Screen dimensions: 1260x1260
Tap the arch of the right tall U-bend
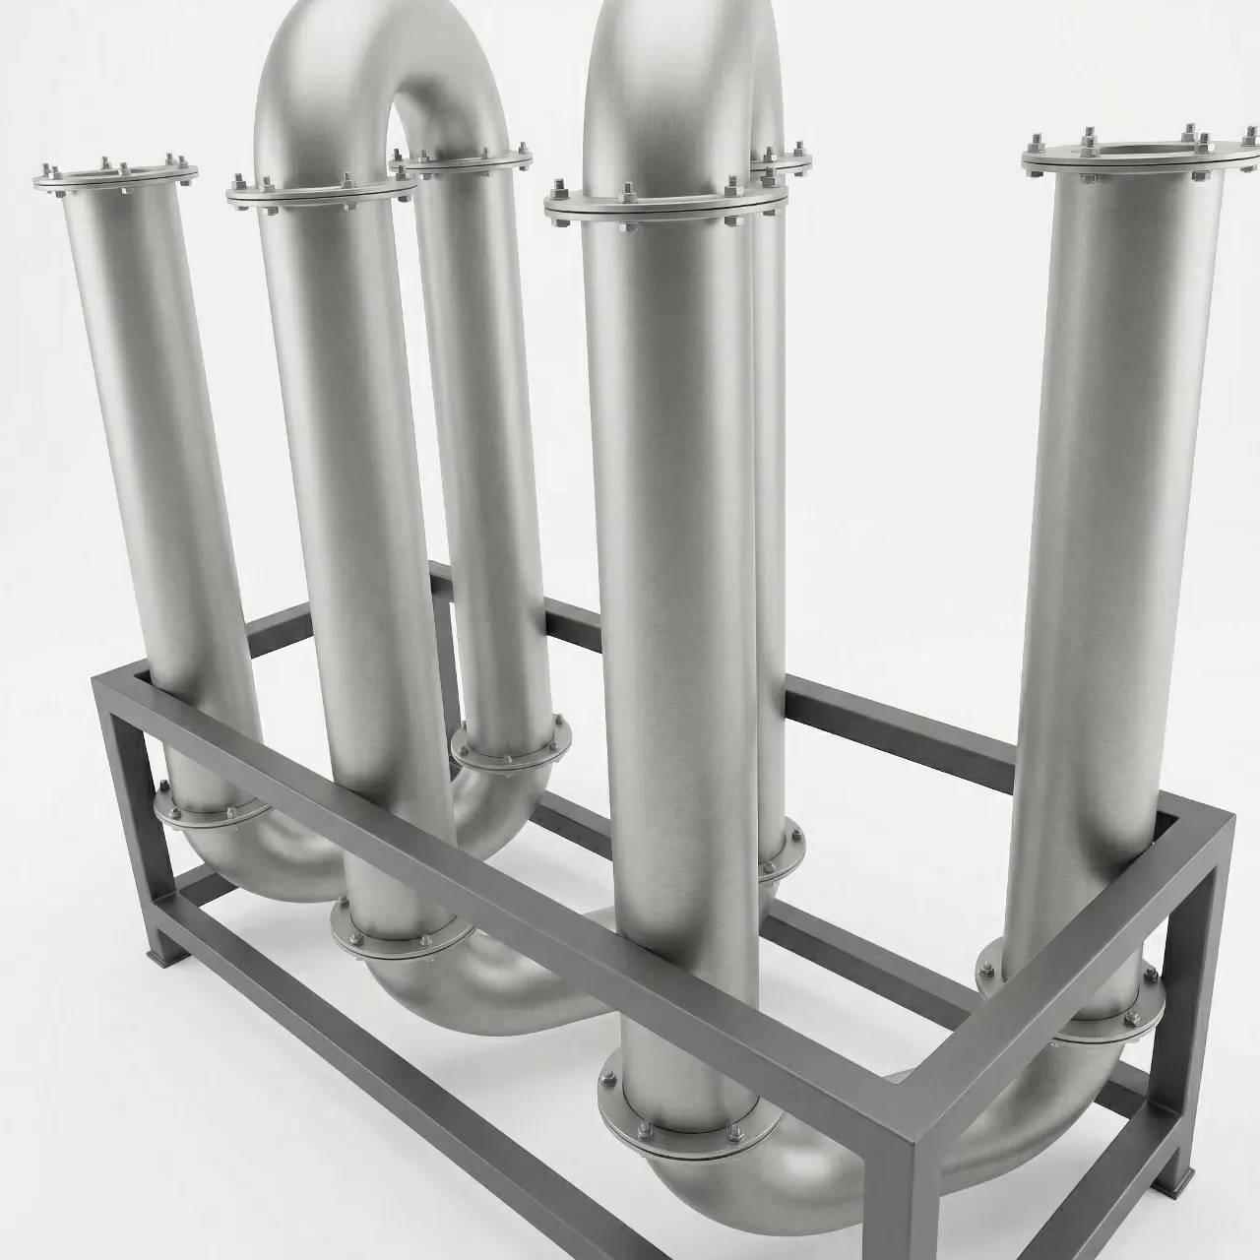tap(679, 59)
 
